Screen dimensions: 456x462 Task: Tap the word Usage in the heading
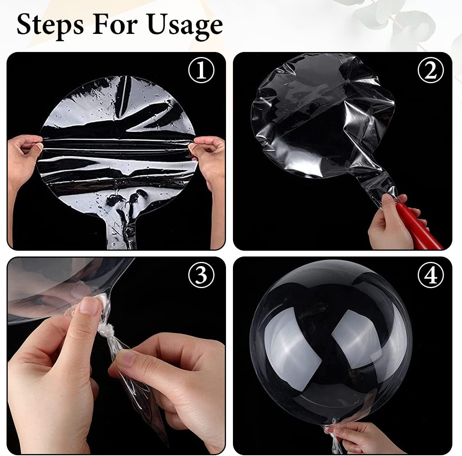click(x=185, y=25)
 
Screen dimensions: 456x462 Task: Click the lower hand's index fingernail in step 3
click(x=126, y=360)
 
